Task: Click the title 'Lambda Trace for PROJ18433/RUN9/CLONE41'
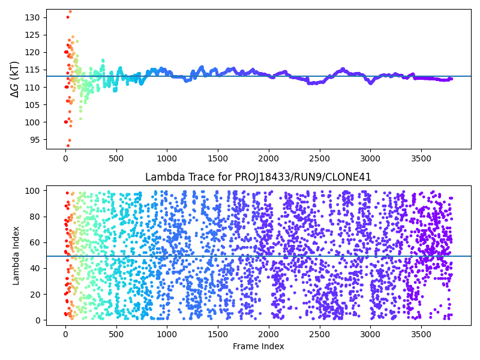(258, 177)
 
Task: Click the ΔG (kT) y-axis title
(15, 79)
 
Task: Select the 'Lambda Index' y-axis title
(17, 255)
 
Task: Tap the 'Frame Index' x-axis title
(258, 346)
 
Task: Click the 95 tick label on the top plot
(35, 140)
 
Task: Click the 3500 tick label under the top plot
(421, 158)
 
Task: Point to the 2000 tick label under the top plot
(268, 158)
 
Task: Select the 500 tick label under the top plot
(116, 158)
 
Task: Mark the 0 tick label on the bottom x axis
(65, 334)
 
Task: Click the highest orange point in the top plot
(70, 11)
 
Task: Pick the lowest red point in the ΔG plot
(68, 145)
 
